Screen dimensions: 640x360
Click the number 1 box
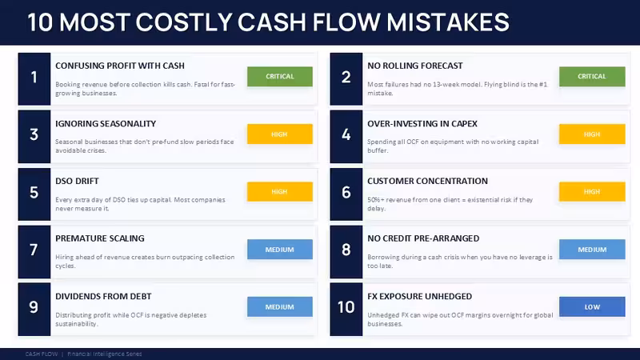pyautogui.click(x=34, y=78)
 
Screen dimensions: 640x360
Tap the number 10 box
pyautogui.click(x=346, y=309)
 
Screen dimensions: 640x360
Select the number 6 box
pyautogui.click(x=346, y=194)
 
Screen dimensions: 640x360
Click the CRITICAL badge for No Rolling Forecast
pyautogui.click(x=592, y=76)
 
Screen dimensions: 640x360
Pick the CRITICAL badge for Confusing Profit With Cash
pyautogui.click(x=280, y=76)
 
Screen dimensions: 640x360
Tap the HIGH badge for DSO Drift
pyautogui.click(x=280, y=191)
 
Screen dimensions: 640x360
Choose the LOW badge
pyautogui.click(x=592, y=307)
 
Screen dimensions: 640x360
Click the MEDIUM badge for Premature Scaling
pyautogui.click(x=280, y=250)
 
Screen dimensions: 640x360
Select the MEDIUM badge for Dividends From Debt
pyautogui.click(x=280, y=307)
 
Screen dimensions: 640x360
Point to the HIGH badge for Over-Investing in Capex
pyautogui.click(x=592, y=134)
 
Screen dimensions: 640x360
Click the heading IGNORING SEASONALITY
pyautogui.click(x=106, y=124)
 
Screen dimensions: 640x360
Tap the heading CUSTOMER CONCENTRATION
pyautogui.click(x=427, y=182)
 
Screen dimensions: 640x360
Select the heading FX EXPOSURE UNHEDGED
pyautogui.click(x=419, y=296)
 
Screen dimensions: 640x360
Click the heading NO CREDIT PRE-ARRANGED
pyautogui.click(x=423, y=238)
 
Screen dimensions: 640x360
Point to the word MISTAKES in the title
pyautogui.click(x=448, y=22)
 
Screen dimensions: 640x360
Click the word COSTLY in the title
pyautogui.click(x=184, y=22)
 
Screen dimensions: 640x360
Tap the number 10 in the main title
pyautogui.click(x=40, y=22)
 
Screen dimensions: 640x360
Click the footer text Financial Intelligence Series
pyautogui.click(x=105, y=354)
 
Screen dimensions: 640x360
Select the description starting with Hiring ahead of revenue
pyautogui.click(x=145, y=262)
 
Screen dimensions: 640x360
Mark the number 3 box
pyautogui.click(x=34, y=136)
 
